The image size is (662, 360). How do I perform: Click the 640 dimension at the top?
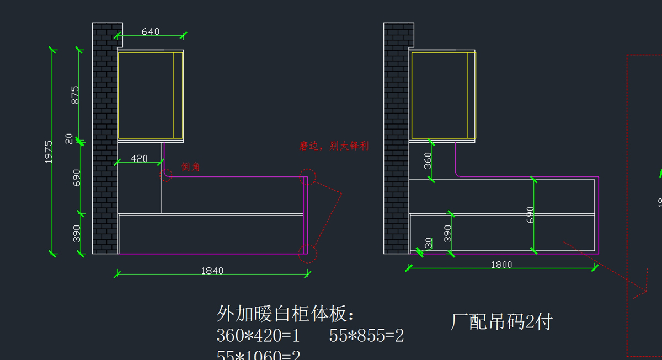click(x=150, y=31)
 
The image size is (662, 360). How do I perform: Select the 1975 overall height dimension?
click(x=49, y=151)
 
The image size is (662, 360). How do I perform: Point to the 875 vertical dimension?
click(x=75, y=95)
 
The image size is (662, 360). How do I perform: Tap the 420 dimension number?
click(x=138, y=159)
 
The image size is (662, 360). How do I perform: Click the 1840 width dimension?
click(x=212, y=271)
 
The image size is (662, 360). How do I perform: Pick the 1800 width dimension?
click(x=501, y=265)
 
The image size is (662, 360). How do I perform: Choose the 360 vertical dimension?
click(x=428, y=160)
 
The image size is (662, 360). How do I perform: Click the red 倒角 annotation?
click(x=191, y=167)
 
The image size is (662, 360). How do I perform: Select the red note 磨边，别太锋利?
click(x=334, y=146)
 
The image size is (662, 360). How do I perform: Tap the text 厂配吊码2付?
click(x=501, y=322)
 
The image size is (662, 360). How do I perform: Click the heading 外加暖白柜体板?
click(x=286, y=314)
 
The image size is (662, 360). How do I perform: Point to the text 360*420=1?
click(x=259, y=336)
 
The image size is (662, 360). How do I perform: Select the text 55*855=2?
click(x=366, y=336)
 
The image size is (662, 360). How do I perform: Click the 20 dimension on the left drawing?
click(x=70, y=138)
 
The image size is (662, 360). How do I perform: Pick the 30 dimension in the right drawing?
click(x=428, y=243)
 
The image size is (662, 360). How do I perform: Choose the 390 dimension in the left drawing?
click(x=77, y=233)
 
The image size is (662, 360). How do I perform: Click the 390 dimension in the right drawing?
click(x=448, y=233)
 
